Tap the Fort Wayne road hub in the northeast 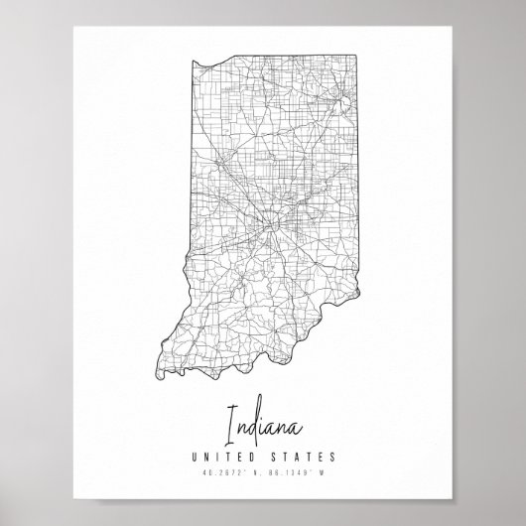click(x=341, y=102)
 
